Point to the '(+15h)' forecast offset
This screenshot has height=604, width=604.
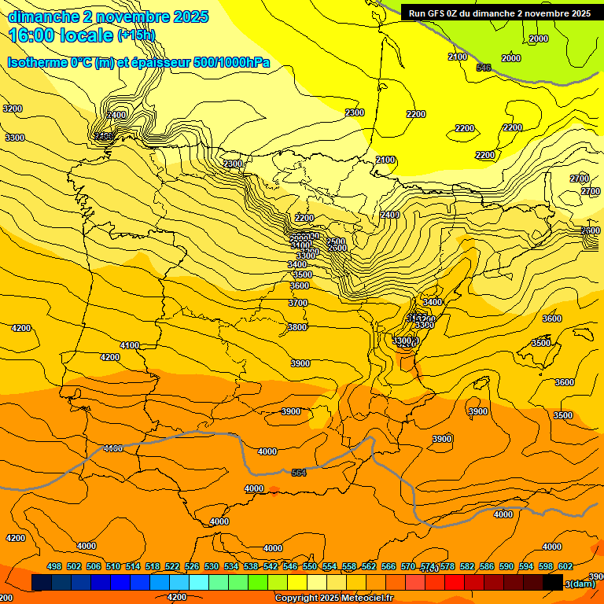(137, 35)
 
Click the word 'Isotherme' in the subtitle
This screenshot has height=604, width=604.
(36, 63)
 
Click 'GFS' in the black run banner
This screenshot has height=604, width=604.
(440, 13)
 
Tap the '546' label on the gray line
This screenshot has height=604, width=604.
(484, 68)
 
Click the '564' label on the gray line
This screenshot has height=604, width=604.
(299, 472)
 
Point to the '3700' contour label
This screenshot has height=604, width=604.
(298, 303)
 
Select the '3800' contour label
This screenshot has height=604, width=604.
(297, 327)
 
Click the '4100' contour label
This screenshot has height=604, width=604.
(130, 345)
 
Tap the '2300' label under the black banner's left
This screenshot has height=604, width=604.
(355, 112)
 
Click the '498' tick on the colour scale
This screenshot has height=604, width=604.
(54, 566)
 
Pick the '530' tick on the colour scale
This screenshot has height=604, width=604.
(212, 566)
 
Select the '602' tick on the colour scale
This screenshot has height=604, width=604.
(565, 566)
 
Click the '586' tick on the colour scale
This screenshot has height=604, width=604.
(487, 566)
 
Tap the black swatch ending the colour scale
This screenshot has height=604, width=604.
(553, 582)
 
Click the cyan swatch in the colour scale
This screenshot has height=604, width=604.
(199, 582)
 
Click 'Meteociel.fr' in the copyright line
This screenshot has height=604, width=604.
(366, 598)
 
